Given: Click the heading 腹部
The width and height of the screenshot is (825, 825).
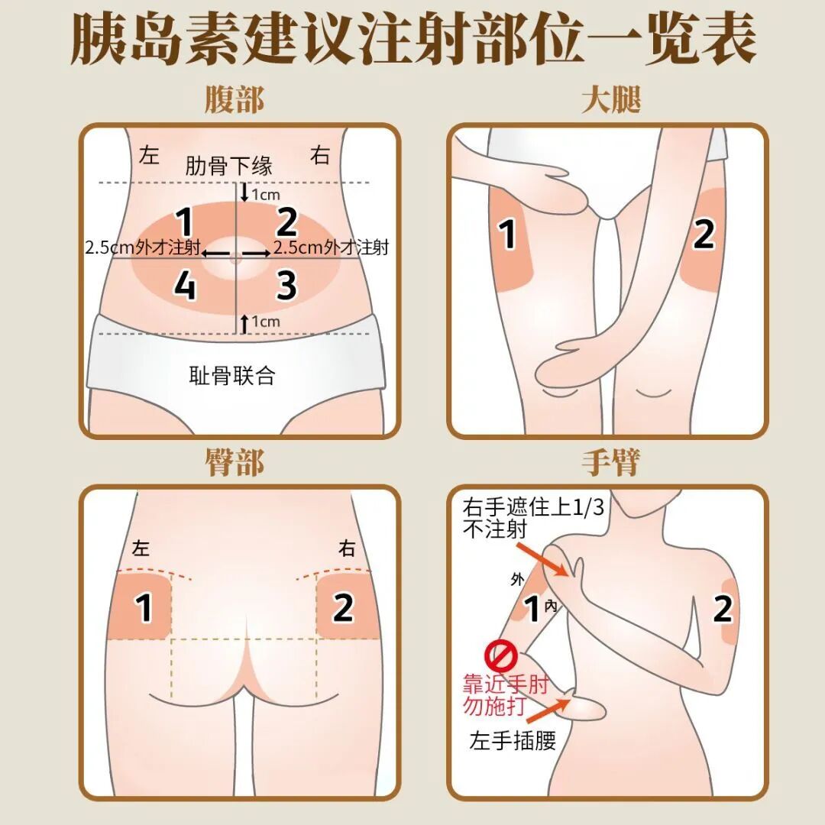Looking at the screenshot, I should click(x=235, y=100).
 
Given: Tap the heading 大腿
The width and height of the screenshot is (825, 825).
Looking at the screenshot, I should click(x=610, y=100).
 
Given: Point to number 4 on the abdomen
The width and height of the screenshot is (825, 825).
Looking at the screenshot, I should click(x=185, y=286).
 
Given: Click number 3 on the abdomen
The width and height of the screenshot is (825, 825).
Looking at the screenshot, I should click(x=286, y=285).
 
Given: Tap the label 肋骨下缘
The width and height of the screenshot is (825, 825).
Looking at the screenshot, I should click(x=228, y=166).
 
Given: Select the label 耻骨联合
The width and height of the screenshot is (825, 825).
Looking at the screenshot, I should click(x=231, y=375).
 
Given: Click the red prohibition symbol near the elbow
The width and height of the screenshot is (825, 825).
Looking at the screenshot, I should click(x=502, y=655).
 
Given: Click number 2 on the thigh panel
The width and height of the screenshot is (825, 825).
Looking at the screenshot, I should click(x=704, y=235).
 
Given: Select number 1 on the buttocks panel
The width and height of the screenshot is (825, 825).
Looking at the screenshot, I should click(x=144, y=608).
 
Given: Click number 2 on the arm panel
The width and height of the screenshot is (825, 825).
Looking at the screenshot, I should click(x=723, y=610).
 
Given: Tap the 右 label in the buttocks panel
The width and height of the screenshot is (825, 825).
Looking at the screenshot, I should click(x=348, y=548).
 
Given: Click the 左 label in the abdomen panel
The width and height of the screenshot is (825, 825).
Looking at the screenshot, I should click(x=149, y=156).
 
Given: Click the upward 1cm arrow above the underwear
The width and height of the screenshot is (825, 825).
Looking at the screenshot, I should click(x=244, y=323).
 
